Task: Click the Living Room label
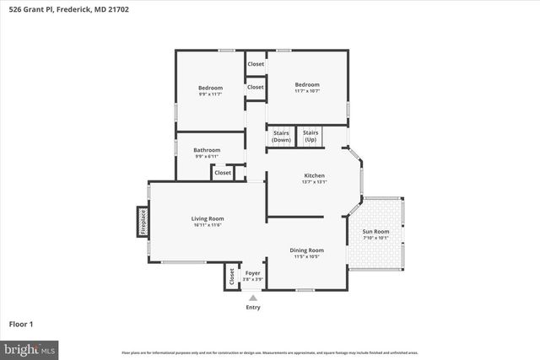point(207,218)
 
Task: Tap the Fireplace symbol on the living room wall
point(143,223)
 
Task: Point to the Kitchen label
point(314,175)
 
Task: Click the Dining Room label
point(306,250)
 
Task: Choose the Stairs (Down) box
point(281,136)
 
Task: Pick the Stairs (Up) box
point(310,136)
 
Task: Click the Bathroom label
point(207,150)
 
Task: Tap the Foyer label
point(253,273)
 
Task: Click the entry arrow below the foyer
point(253,297)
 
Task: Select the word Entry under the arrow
point(253,307)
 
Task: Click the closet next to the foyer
point(231,277)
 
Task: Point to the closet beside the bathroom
point(223,173)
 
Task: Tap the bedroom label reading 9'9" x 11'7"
point(210,94)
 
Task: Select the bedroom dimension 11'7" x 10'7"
point(307,90)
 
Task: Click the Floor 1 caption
point(21,324)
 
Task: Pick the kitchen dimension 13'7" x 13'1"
point(314,181)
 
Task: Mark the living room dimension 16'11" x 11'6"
point(207,224)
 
